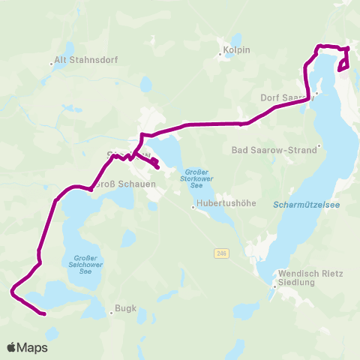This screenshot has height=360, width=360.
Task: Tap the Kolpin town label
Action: [x=235, y=52]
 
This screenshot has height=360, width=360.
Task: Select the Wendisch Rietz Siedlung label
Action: [x=310, y=279]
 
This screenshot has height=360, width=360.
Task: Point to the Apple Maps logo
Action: [x=27, y=347]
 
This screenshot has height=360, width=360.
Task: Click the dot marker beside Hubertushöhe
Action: [x=193, y=208]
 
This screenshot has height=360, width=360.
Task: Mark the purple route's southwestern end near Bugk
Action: [x=45, y=313]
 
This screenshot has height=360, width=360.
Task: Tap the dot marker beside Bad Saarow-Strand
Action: [x=319, y=146]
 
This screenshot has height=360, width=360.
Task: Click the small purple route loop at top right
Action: [x=345, y=62]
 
